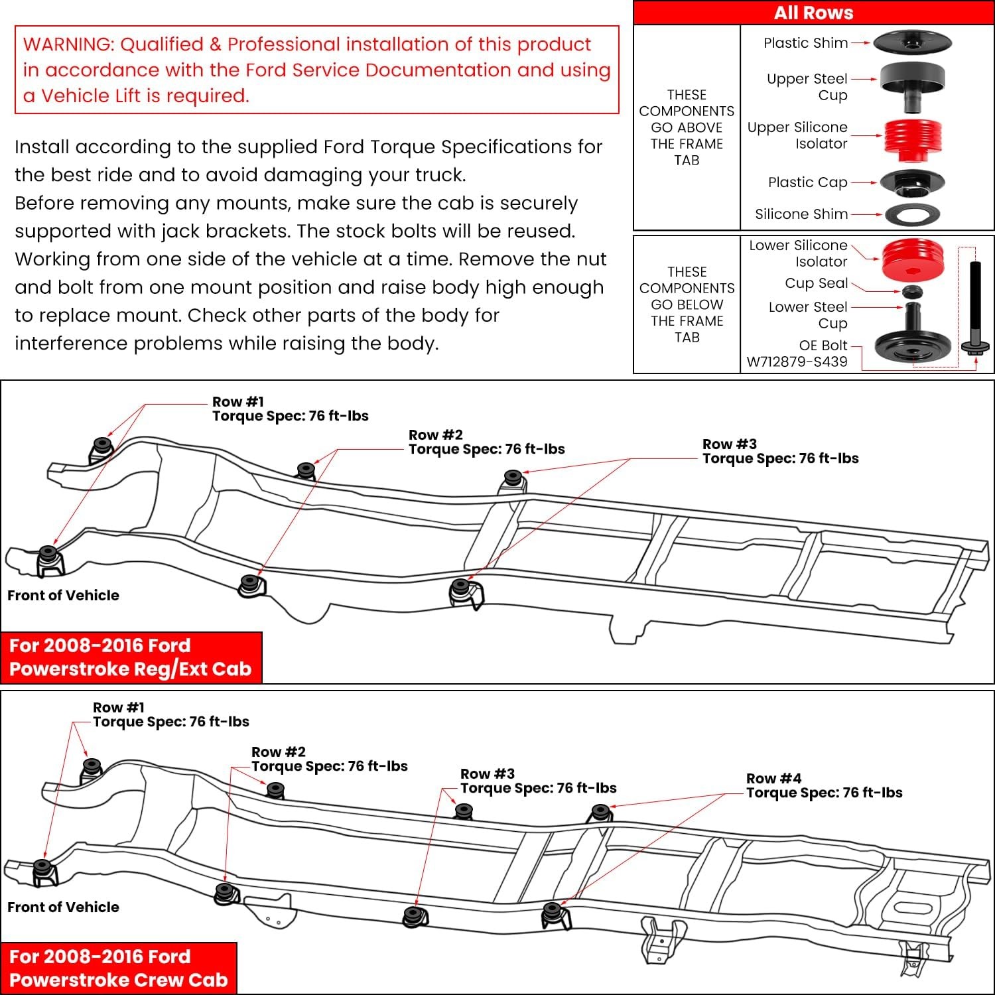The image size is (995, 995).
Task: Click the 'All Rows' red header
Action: pyautogui.click(x=813, y=13)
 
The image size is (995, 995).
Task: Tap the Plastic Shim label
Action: pyautogui.click(x=805, y=43)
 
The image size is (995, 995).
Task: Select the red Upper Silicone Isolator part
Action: pyautogui.click(x=912, y=139)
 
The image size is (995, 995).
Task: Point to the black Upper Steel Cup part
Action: pyautogui.click(x=912, y=85)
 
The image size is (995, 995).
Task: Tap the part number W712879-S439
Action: pyautogui.click(x=797, y=362)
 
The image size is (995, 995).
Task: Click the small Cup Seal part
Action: pyautogui.click(x=913, y=292)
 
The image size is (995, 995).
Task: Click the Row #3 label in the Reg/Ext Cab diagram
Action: pyautogui.click(x=729, y=444)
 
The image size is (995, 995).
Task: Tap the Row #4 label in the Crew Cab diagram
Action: pyautogui.click(x=773, y=779)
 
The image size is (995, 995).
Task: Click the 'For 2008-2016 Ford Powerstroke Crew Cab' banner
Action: pyautogui.click(x=119, y=968)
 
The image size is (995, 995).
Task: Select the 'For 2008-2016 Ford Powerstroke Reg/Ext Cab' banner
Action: pyautogui.click(x=131, y=657)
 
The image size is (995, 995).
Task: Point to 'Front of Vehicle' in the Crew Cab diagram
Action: pyautogui.click(x=63, y=907)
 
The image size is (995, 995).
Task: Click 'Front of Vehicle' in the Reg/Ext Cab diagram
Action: pyautogui.click(x=63, y=596)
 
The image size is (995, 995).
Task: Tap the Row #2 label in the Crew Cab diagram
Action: pyautogui.click(x=279, y=752)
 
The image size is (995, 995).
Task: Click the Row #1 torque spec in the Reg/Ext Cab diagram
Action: pyautogui.click(x=290, y=417)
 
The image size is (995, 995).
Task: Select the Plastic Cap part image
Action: pyautogui.click(x=912, y=182)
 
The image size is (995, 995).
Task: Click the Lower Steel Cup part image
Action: pyautogui.click(x=913, y=338)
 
